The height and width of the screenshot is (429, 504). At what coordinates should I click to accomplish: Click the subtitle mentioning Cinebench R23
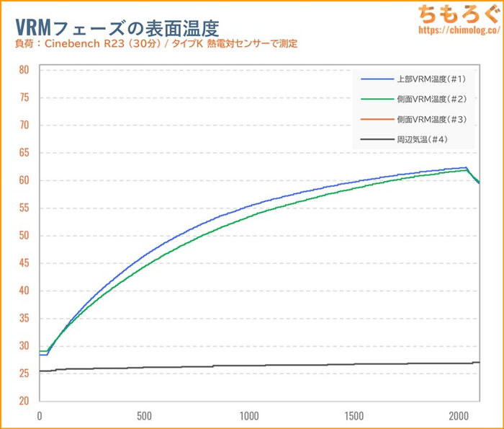click(x=156, y=45)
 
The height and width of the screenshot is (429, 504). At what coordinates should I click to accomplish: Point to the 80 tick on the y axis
click(x=24, y=70)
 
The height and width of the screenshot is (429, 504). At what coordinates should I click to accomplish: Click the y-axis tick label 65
click(x=24, y=153)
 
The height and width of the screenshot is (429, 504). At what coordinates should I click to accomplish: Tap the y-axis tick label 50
click(x=24, y=236)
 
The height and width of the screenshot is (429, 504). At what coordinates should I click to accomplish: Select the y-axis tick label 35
click(x=24, y=318)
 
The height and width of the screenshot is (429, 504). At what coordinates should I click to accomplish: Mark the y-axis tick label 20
click(x=24, y=401)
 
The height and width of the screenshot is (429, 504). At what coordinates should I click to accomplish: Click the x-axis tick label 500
click(x=144, y=416)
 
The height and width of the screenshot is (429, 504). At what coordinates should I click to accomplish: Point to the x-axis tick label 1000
click(x=249, y=416)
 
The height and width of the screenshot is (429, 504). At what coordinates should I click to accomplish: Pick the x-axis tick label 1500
click(x=354, y=416)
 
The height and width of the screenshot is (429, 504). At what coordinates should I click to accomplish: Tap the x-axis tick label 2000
click(x=458, y=416)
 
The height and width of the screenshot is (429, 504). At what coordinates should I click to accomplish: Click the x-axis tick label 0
click(x=40, y=416)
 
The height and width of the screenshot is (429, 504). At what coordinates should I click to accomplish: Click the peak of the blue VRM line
click(x=467, y=167)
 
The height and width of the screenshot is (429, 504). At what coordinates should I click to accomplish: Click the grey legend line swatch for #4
click(x=376, y=139)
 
